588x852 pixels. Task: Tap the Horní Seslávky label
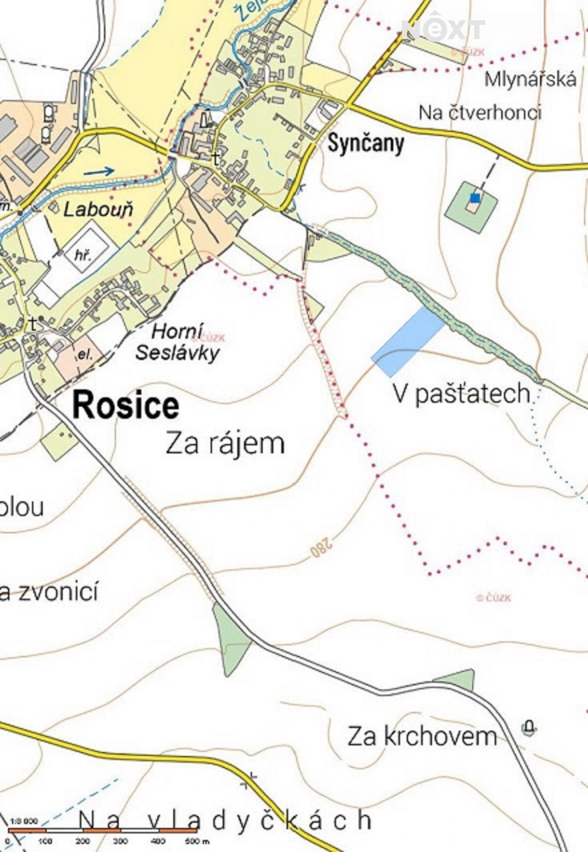point(177,342)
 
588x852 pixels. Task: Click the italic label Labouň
point(98,210)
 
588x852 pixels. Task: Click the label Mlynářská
point(530,79)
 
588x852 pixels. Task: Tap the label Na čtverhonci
point(480,113)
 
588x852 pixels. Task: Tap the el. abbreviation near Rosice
point(85,355)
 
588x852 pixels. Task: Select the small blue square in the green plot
point(475,198)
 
